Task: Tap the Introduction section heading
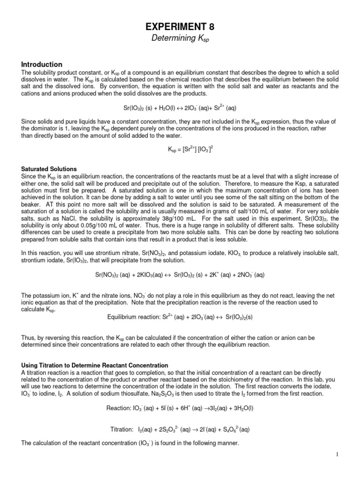click(42, 64)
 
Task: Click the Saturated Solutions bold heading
click(49, 169)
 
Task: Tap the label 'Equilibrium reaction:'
click(135, 317)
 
